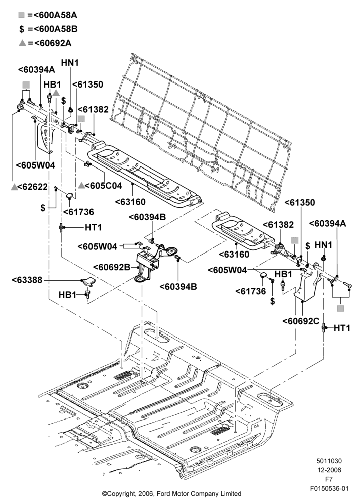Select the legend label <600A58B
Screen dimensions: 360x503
pyautogui.click(x=55, y=29)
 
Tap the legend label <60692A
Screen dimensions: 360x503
pyautogui.click(x=53, y=43)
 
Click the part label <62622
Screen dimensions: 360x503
pyautogui.click(x=33, y=187)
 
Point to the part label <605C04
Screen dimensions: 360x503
pyautogui.click(x=104, y=185)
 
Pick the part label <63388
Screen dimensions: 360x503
pyautogui.click(x=27, y=280)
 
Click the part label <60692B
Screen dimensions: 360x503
pyautogui.click(x=112, y=267)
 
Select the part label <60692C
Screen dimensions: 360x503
pyautogui.click(x=301, y=321)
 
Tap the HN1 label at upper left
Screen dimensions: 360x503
pyautogui.click(x=70, y=63)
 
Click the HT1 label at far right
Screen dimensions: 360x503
pyautogui.click(x=342, y=328)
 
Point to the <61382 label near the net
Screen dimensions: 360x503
pyautogui.click(x=93, y=109)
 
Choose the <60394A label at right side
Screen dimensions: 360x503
pyautogui.click(x=328, y=224)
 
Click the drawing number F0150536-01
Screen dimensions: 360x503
pyautogui.click(x=329, y=488)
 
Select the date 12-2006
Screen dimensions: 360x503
pyautogui.click(x=329, y=470)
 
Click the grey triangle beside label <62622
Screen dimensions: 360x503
pyautogui.click(x=14, y=187)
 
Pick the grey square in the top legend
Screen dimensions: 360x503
pyautogui.click(x=22, y=15)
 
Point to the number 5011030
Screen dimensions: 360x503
pyautogui.click(x=329, y=461)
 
